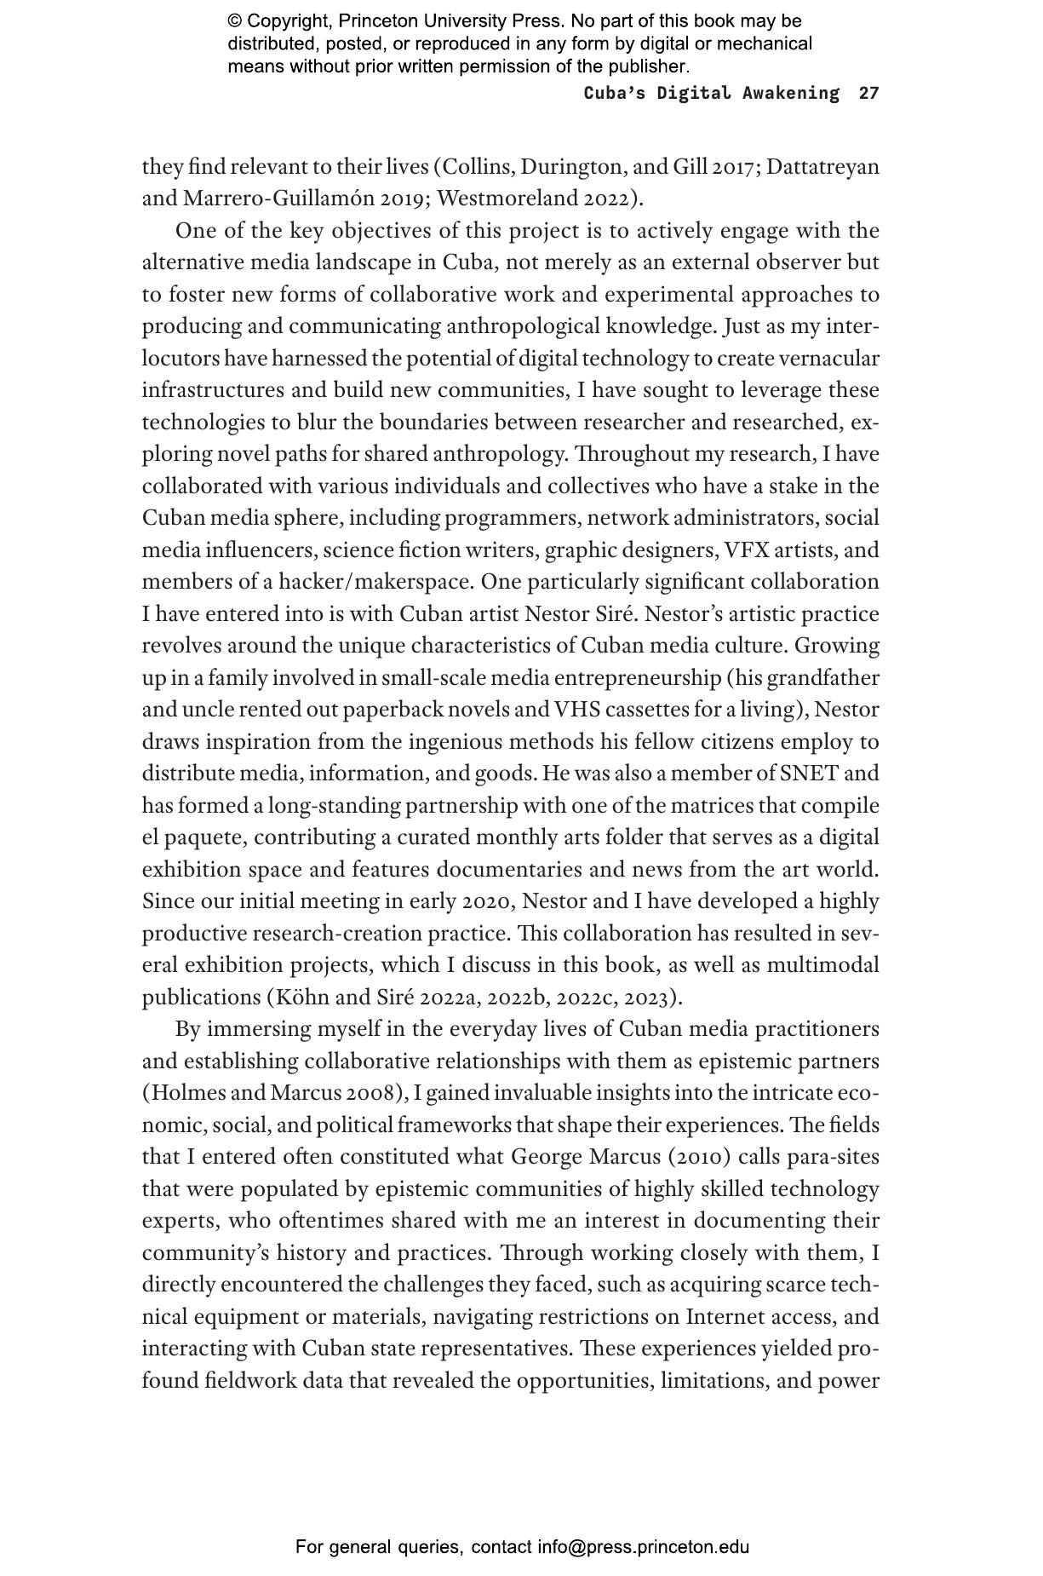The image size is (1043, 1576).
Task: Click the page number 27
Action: [868, 93]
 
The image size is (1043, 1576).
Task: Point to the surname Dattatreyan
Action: [822, 166]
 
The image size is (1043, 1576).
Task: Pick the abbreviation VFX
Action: [747, 549]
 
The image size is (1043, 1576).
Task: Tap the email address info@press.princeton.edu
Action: [643, 1547]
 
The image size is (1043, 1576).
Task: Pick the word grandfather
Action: [822, 677]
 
